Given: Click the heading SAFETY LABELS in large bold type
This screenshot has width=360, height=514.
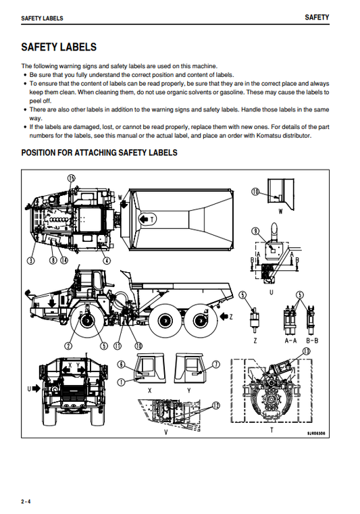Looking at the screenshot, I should [x=59, y=47].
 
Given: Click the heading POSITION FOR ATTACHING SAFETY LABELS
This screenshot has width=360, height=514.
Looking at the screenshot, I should [x=99, y=153].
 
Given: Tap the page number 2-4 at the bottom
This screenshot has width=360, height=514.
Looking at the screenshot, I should [x=26, y=500].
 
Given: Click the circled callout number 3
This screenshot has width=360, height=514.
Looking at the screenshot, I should [x=30, y=259].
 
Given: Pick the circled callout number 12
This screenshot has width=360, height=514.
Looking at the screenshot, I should [x=216, y=405].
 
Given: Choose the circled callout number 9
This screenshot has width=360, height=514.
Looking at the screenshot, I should [x=256, y=231].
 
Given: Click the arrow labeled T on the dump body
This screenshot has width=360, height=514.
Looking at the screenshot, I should [x=147, y=220].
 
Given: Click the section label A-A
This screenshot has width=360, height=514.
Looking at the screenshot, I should [x=292, y=341].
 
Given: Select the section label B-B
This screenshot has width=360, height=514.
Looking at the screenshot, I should [x=311, y=341].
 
